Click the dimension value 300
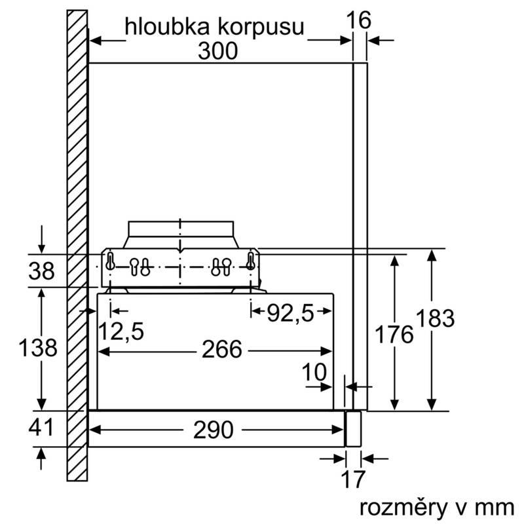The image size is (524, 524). [x=219, y=51]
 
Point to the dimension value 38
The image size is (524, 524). [x=43, y=271]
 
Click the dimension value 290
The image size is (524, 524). [x=214, y=430]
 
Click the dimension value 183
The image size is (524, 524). [x=434, y=319]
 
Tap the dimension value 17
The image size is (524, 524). [x=353, y=479]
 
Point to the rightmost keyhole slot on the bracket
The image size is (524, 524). [x=250, y=261]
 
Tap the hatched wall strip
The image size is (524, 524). [x=77, y=249]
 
